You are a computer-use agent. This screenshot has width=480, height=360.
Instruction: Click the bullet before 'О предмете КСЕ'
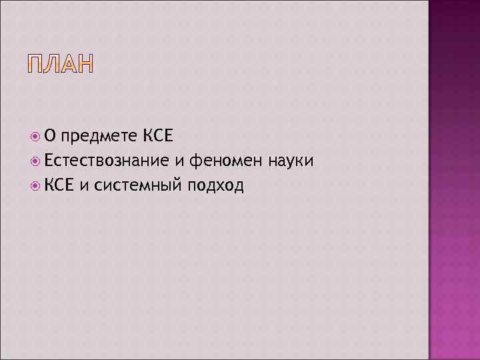(x=37, y=137)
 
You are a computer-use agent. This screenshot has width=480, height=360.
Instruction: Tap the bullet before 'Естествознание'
(x=37, y=161)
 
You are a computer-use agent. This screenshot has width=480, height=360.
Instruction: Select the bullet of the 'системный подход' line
(x=37, y=185)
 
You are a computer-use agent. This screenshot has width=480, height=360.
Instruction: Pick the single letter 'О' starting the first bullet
(x=51, y=137)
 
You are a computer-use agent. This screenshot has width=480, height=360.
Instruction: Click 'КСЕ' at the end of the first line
(x=158, y=137)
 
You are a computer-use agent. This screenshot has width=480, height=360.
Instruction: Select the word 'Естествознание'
(x=108, y=161)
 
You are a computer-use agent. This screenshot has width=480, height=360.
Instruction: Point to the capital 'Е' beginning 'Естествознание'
(x=49, y=161)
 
